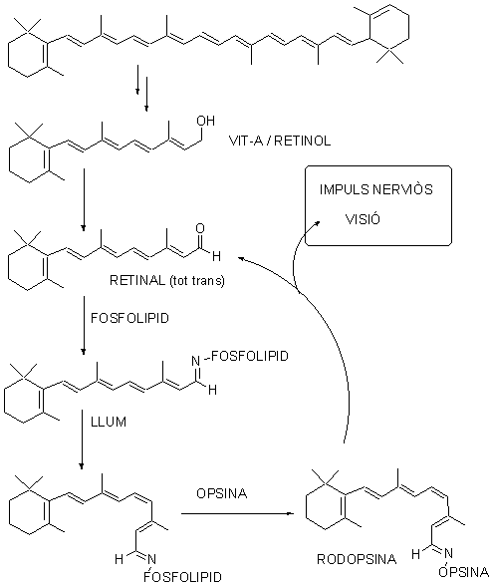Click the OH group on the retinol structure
tap(206, 121)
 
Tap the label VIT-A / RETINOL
tap(280, 141)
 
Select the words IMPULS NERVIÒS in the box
tap(376, 189)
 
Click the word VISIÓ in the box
tap(363, 218)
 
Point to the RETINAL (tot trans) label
tap(167, 280)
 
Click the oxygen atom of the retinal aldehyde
tap(200, 228)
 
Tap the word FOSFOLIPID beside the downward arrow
tap(130, 318)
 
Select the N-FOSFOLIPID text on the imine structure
tap(240, 357)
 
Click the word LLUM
tap(109, 422)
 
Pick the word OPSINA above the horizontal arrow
tap(222, 493)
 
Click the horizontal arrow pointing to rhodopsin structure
tap(237, 513)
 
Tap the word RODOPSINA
tap(357, 559)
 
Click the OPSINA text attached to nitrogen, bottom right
tap(463, 572)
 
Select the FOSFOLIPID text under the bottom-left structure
tap(182, 576)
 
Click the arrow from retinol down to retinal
tap(84, 199)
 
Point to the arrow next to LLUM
tap(82, 439)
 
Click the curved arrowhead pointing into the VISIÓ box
tap(318, 222)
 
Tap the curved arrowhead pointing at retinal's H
tap(242, 258)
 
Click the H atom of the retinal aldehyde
tap(216, 256)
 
